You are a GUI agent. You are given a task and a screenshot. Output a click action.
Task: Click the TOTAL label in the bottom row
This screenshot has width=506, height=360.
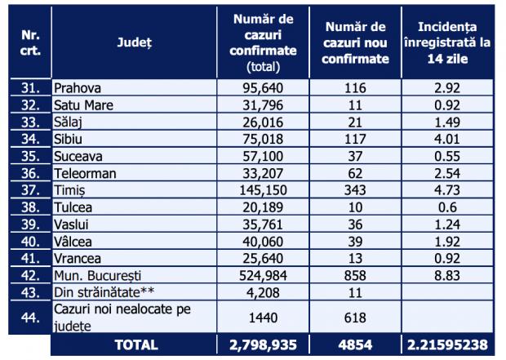pos(135,344)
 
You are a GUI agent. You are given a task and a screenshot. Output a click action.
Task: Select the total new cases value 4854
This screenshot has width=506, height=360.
pos(354,344)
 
